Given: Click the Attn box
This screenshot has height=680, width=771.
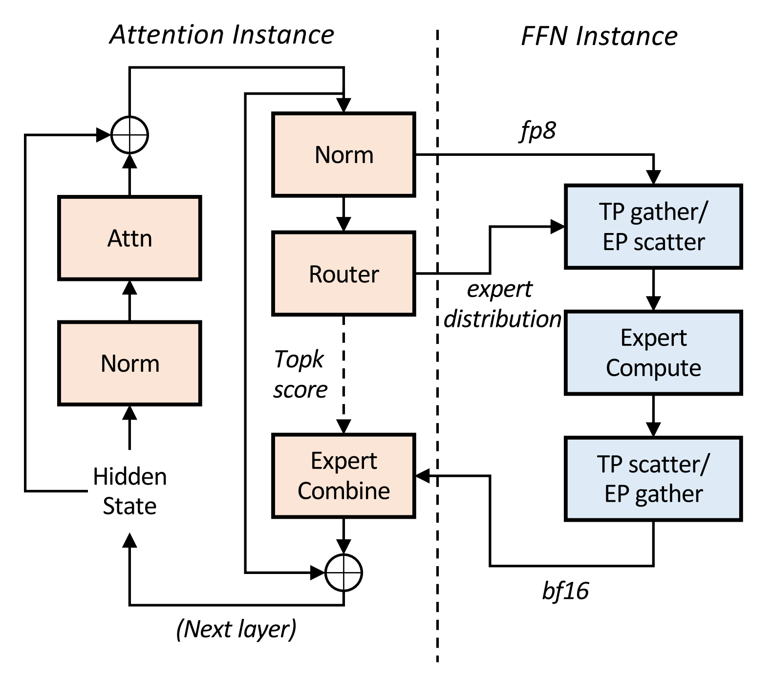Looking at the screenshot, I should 129,238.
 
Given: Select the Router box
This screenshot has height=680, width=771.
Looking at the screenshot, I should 343,274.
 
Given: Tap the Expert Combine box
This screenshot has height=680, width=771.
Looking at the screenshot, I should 343,476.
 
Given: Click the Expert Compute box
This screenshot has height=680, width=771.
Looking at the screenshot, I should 653,353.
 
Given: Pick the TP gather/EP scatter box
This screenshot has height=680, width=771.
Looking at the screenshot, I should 653,227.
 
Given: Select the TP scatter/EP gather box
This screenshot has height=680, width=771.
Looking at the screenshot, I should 653,479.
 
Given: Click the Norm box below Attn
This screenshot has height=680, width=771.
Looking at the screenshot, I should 129,363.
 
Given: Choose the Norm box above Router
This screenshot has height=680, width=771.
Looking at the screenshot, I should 343,155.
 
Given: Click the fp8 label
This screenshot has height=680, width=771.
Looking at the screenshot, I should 537,131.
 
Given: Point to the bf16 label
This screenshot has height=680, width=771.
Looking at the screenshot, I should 565,591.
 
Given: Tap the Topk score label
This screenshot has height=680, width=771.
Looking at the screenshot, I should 300,375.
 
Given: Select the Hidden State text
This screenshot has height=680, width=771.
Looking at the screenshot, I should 129,491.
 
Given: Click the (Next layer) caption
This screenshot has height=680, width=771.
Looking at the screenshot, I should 236,629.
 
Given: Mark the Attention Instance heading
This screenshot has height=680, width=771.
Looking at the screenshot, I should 222,35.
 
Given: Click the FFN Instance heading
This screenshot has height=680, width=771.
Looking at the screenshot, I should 599,37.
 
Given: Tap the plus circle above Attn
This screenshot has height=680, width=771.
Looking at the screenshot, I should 129,135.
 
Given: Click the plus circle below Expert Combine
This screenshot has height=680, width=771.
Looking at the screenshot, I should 343,573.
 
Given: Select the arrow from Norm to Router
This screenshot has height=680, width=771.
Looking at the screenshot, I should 343,214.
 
